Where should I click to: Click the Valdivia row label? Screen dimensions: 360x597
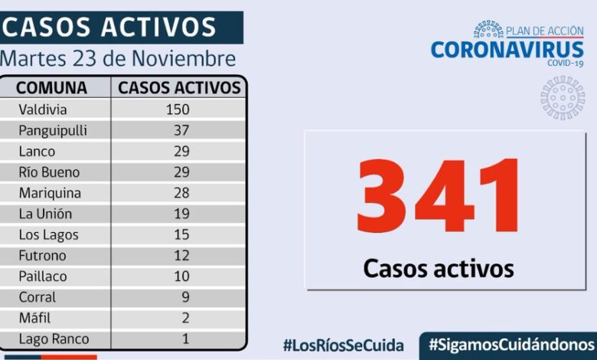click(x=43, y=110)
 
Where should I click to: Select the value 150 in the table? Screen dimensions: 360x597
click(x=178, y=110)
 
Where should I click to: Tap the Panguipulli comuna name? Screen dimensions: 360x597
click(x=53, y=130)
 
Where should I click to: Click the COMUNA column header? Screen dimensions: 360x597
click(x=51, y=87)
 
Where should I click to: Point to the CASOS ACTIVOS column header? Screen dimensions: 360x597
click(x=179, y=87)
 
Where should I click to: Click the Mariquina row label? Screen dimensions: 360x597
click(x=50, y=193)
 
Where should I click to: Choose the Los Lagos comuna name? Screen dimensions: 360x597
click(x=49, y=235)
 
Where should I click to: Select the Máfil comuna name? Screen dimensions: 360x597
click(x=36, y=318)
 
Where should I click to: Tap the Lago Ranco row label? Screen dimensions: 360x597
click(x=54, y=339)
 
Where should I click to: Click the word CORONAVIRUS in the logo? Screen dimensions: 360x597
click(x=507, y=49)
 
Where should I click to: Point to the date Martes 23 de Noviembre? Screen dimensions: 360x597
click(x=119, y=58)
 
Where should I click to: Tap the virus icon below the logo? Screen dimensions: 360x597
click(x=563, y=97)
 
